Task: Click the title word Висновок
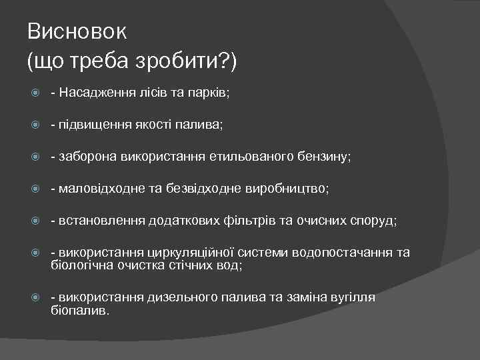point(77,31)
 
